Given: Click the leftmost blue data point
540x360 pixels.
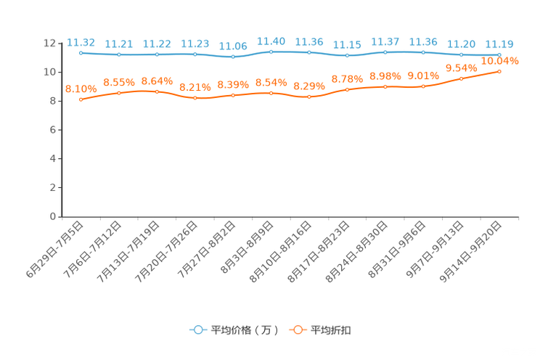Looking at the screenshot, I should [81, 52].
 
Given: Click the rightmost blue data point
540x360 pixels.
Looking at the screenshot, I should [499, 54].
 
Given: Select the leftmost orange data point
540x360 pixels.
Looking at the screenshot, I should [81, 99].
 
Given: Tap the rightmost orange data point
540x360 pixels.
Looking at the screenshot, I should [499, 71].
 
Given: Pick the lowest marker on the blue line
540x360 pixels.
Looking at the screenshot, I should [233, 57].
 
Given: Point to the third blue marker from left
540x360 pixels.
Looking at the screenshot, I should [157, 54].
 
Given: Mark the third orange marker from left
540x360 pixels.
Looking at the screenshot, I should [157, 91].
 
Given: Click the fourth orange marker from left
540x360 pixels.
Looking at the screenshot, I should [195, 98].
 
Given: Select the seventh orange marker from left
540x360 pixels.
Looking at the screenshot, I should [309, 97].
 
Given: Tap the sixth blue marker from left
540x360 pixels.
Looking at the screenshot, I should [271, 52].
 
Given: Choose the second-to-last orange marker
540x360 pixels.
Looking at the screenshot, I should [461, 78].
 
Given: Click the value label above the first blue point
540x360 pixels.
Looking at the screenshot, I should [80, 42].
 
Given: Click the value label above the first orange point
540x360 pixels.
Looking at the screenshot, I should [81, 89].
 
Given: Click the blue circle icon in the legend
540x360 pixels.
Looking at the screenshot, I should [197, 330].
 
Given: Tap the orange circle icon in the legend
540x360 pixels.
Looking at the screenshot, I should [297, 330].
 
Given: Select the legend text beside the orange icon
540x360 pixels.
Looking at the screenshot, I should [332, 330].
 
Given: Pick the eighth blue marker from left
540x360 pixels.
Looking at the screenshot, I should [347, 55].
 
